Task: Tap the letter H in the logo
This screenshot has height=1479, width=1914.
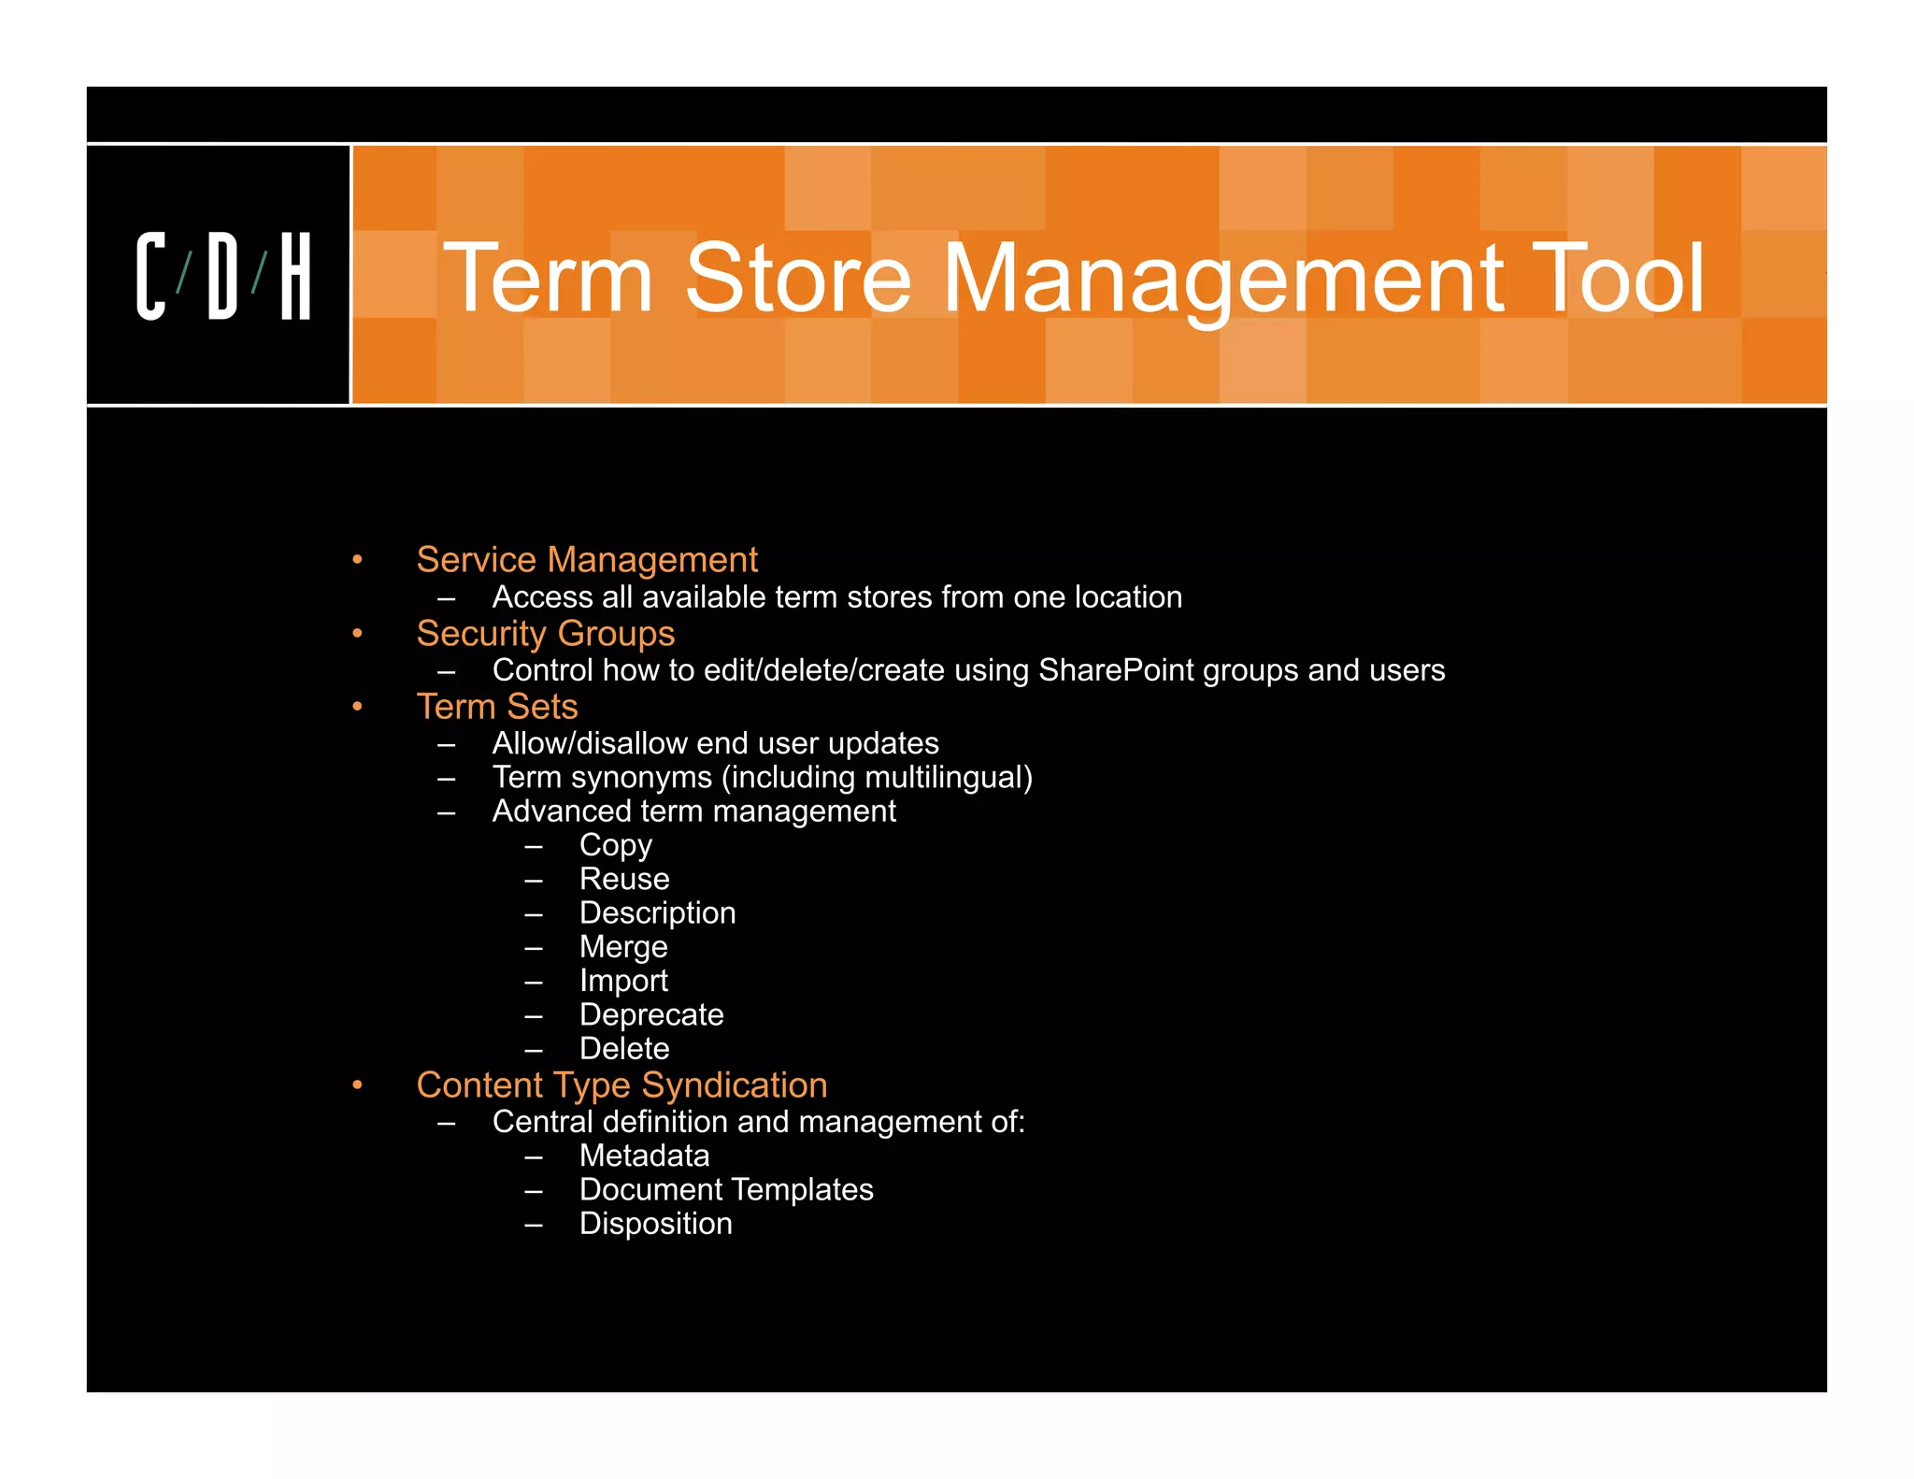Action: pyautogui.click(x=295, y=277)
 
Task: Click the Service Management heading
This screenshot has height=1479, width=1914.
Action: pyautogui.click(x=586, y=560)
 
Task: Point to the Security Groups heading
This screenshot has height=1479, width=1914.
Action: pyautogui.click(x=545, y=634)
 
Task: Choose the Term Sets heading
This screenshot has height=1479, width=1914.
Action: pyautogui.click(x=496, y=707)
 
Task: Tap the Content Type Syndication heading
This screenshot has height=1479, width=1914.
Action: pyautogui.click(x=621, y=1085)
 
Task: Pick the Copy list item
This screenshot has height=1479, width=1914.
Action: pyautogui.click(x=615, y=845)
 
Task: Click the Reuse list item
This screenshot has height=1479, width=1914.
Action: pyautogui.click(x=624, y=879)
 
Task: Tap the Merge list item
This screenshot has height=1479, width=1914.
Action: pyautogui.click(x=623, y=947)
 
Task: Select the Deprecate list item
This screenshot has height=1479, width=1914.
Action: pyautogui.click(x=651, y=1015)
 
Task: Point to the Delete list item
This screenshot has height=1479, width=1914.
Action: pyautogui.click(x=624, y=1049)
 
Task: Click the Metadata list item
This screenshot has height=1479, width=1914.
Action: pyautogui.click(x=644, y=1156)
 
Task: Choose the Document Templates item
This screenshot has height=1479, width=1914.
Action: pyautogui.click(x=726, y=1190)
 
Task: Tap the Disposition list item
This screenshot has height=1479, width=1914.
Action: pyautogui.click(x=655, y=1224)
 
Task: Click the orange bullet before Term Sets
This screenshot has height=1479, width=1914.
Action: pyautogui.click(x=357, y=708)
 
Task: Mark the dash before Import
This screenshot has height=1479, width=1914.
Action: pyautogui.click(x=534, y=983)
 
